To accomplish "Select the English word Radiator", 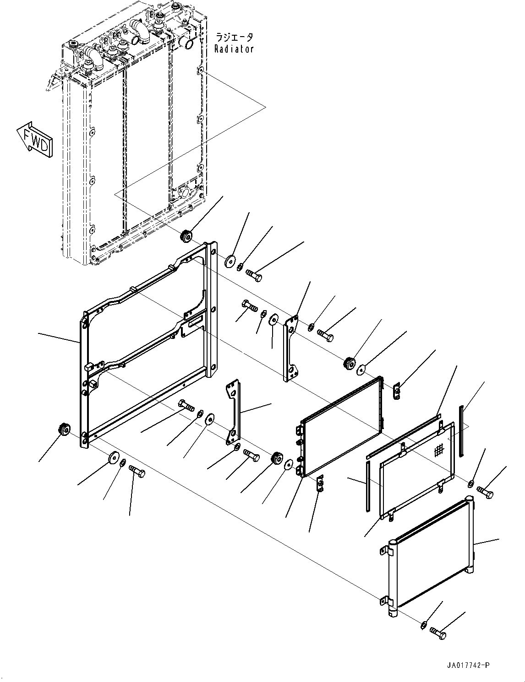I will coord(234,48).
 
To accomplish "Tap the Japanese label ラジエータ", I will coord(234,37).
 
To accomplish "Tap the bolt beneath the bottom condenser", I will coord(438,633).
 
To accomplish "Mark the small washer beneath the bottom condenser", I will coord(424,625).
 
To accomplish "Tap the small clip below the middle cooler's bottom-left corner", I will coord(321,484).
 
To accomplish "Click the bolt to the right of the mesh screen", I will coord(486,492).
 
